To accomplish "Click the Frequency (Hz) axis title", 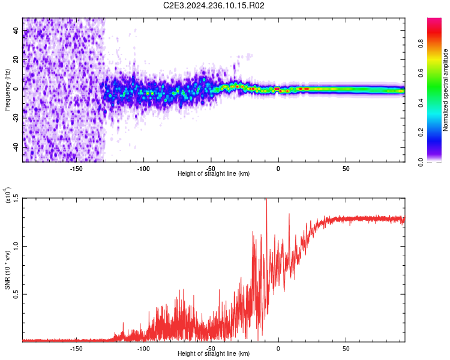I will click(x=7, y=89).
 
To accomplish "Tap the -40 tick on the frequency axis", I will click(x=16, y=147).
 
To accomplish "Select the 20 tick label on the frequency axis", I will click(x=16, y=60).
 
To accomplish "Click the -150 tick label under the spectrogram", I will click(x=76, y=169).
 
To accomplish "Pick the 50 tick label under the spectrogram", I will click(x=346, y=169).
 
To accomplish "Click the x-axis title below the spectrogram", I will click(x=214, y=174).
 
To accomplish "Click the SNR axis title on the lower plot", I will click(x=7, y=270).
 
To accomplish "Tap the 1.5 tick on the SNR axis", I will click(x=16, y=198).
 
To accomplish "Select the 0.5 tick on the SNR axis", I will click(x=16, y=294).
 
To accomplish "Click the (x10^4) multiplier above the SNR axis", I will click(x=8, y=196).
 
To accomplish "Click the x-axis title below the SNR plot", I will click(x=214, y=354).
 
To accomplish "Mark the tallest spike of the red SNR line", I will click(x=266, y=200).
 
